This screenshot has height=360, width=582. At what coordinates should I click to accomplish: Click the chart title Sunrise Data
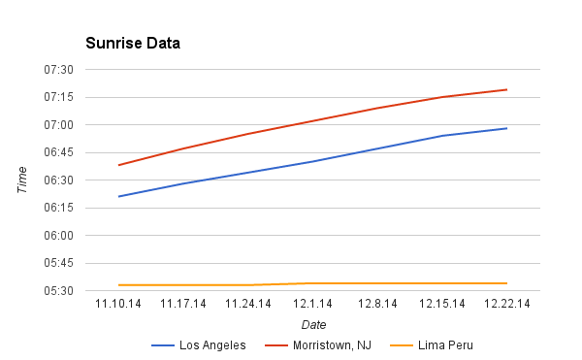tap(132, 44)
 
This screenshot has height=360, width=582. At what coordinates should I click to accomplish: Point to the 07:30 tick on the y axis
tap(59, 70)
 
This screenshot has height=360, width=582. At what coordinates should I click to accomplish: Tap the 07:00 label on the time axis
tap(59, 125)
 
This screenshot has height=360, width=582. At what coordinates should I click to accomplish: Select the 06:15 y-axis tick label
tap(59, 208)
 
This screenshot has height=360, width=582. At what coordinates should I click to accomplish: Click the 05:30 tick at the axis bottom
tap(59, 291)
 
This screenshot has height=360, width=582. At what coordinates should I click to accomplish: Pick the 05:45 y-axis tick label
tap(59, 263)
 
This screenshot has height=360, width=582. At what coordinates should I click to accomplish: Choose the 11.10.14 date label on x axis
tap(118, 304)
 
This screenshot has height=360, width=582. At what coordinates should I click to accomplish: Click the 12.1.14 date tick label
tap(312, 304)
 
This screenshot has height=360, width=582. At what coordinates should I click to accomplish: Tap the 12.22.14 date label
tap(506, 304)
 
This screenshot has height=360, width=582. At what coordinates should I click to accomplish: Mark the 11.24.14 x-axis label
tap(247, 304)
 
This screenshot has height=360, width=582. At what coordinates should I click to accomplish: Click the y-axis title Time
tap(22, 180)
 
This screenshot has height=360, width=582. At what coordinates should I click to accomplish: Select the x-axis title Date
tap(313, 324)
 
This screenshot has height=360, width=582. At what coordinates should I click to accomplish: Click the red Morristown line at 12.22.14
tap(506, 89)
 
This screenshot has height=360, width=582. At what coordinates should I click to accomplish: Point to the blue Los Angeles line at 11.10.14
tap(118, 196)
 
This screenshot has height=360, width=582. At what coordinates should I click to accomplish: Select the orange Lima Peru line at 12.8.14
tap(377, 283)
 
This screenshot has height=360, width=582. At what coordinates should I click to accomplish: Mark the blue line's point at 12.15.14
tap(441, 136)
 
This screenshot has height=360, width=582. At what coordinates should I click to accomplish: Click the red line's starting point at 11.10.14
tap(118, 165)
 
